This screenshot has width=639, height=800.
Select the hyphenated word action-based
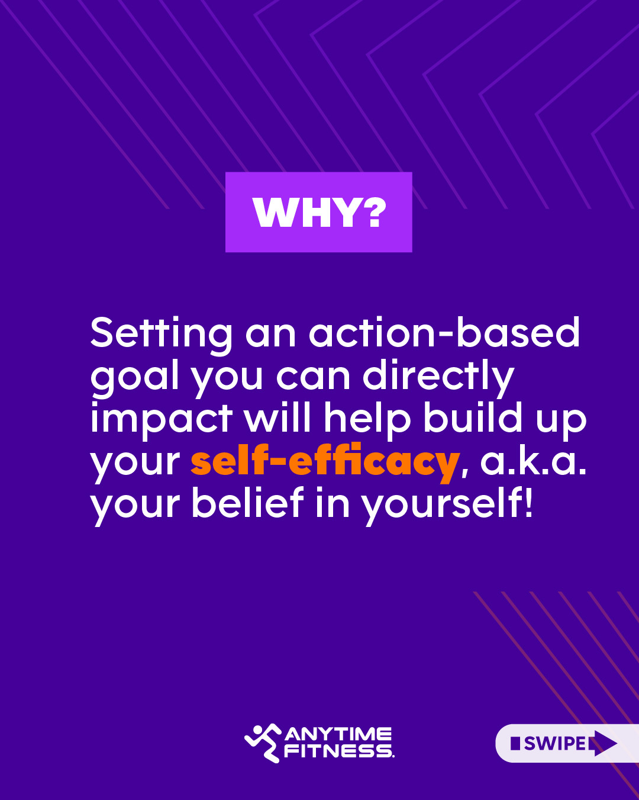click(444, 332)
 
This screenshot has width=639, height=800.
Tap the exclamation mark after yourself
click(528, 502)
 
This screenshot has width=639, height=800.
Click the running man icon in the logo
click(263, 743)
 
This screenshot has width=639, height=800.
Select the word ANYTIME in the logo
click(338, 734)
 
